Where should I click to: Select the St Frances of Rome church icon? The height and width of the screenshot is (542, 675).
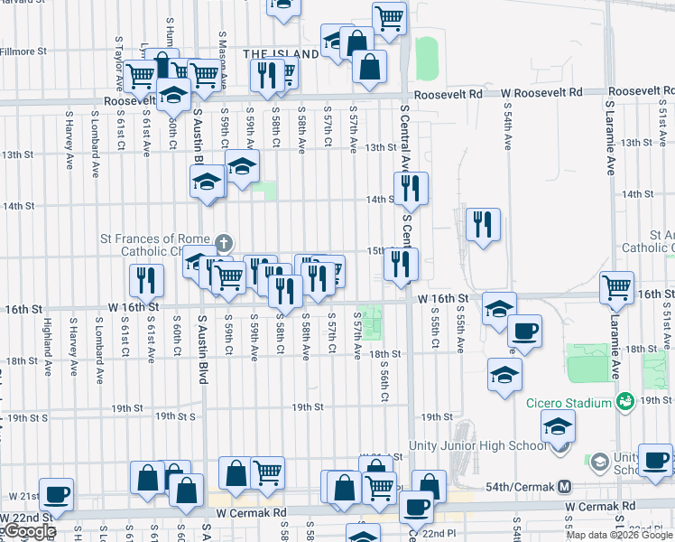224,243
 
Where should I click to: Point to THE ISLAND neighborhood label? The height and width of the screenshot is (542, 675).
281,54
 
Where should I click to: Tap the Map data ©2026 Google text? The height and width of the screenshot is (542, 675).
620,535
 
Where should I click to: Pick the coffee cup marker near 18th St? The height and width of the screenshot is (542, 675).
524,331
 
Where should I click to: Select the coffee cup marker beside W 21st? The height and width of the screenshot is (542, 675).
56,494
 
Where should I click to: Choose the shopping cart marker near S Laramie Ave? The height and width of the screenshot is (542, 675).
617,287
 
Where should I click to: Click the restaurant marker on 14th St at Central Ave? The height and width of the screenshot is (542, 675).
411,188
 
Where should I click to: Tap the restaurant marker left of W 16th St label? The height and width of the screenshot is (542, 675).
145,281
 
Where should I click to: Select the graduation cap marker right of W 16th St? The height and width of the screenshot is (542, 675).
499,308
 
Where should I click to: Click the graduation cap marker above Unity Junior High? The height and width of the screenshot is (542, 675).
559,426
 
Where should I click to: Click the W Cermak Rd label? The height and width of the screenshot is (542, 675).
593,505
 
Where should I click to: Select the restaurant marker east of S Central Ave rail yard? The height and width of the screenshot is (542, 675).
482,224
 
